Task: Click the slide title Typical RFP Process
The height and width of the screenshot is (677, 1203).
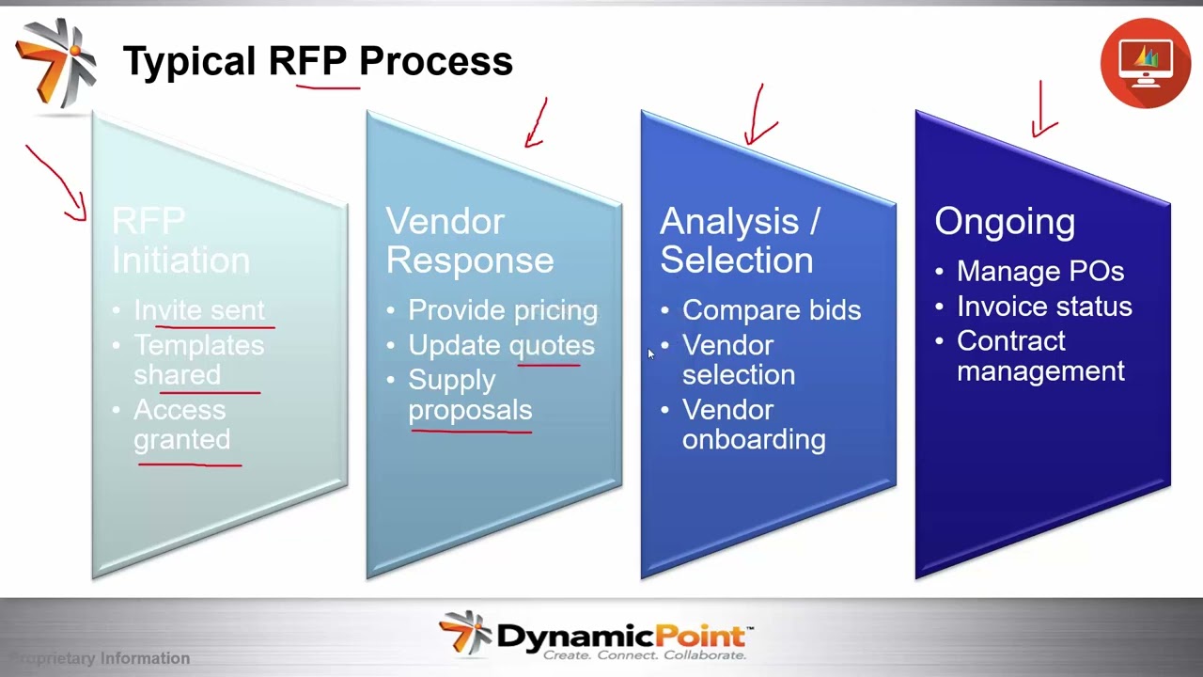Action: [x=318, y=62]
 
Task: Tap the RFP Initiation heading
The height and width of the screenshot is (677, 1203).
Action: [x=180, y=241]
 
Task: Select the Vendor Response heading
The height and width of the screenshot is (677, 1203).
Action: [x=469, y=241]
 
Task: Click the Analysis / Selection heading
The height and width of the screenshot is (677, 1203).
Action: [x=739, y=241]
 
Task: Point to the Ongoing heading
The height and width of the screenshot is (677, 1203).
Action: [x=1004, y=222]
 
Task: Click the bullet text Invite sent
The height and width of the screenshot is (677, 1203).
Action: [x=199, y=310]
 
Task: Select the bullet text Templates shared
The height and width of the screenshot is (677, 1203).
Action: [x=198, y=359]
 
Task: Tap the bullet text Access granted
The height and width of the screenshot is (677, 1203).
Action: [x=181, y=424]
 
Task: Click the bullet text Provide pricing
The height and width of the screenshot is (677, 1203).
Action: [x=503, y=310]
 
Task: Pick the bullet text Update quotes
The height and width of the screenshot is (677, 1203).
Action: [x=501, y=345]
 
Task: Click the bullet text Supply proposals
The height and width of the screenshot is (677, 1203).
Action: [x=470, y=395]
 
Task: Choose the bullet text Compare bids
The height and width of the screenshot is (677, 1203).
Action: [x=771, y=310]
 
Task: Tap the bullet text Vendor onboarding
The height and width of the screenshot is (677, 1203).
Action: [x=753, y=424]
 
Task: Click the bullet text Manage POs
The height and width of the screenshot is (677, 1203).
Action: [x=1039, y=272]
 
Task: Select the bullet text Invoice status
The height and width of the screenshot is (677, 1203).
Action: [x=1043, y=307]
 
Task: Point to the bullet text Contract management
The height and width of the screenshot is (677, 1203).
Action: [x=1039, y=355]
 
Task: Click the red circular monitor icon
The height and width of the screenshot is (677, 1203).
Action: [x=1145, y=62]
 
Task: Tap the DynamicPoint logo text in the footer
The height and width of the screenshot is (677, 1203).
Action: [x=620, y=636]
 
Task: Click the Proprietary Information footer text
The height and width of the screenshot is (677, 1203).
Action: [x=100, y=658]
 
